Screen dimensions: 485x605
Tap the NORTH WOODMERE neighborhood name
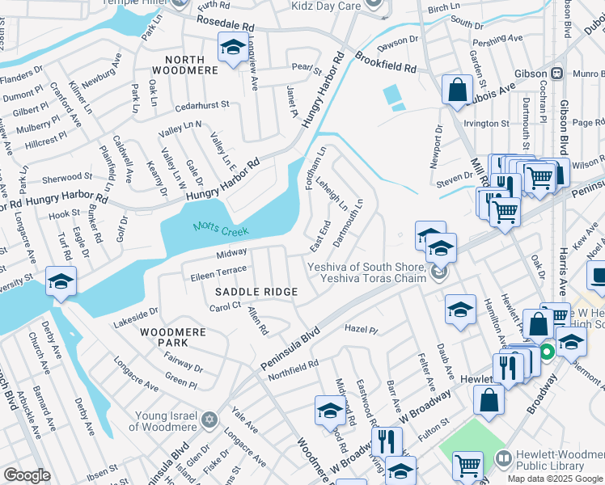point(191,65)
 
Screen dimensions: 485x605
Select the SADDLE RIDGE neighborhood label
point(256,291)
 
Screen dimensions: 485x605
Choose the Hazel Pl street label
point(361,330)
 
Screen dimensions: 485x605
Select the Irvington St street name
point(486,124)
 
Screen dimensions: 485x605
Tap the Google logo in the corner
point(26,475)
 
